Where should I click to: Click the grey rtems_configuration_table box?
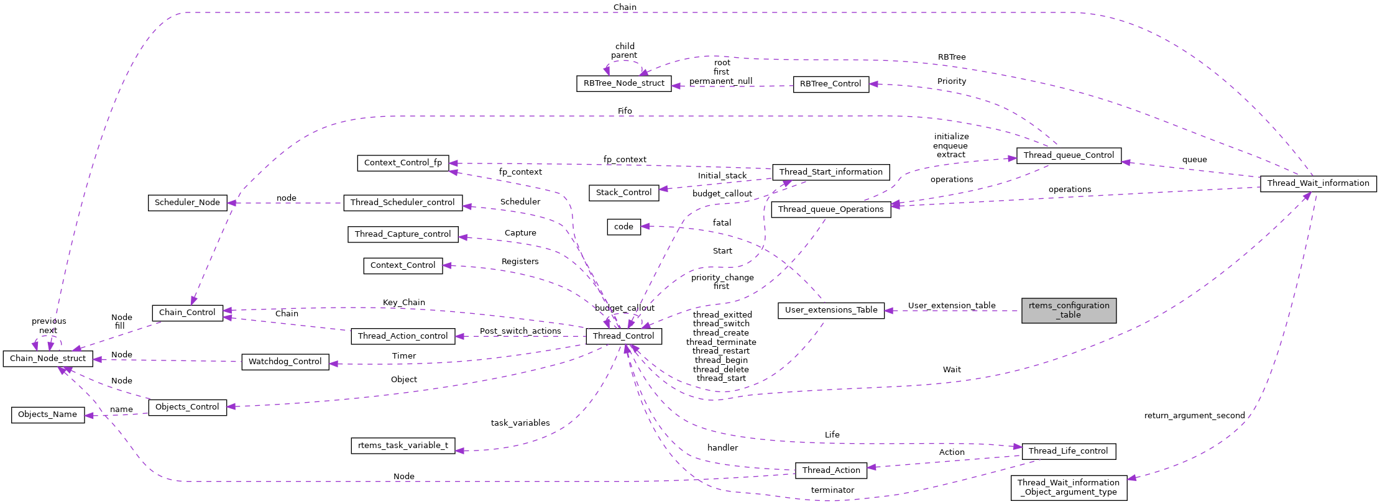pyautogui.click(x=1069, y=310)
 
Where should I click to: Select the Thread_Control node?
pyautogui.click(x=623, y=336)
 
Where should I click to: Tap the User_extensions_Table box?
pyautogui.click(x=830, y=310)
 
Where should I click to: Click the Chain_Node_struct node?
pyautogui.click(x=48, y=359)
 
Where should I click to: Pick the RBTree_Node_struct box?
pyautogui.click(x=623, y=83)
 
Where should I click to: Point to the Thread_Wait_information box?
pyautogui.click(x=1318, y=183)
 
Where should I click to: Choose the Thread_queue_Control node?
pyautogui.click(x=1069, y=155)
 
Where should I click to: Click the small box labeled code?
pyautogui.click(x=623, y=227)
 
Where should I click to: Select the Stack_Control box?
pyautogui.click(x=623, y=193)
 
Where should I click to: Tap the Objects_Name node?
pyautogui.click(x=48, y=415)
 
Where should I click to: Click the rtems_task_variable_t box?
pyautogui.click(x=403, y=446)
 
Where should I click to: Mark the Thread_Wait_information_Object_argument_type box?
pyautogui.click(x=1068, y=487)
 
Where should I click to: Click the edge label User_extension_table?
pyautogui.click(x=951, y=305)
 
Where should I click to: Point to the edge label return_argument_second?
pyautogui.click(x=1194, y=416)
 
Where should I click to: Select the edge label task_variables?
pyautogui.click(x=520, y=423)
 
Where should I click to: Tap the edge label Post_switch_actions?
pyautogui.click(x=520, y=331)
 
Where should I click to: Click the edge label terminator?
pyautogui.click(x=832, y=490)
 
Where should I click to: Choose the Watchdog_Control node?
pyautogui.click(x=285, y=362)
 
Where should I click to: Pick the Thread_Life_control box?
pyautogui.click(x=1068, y=451)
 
